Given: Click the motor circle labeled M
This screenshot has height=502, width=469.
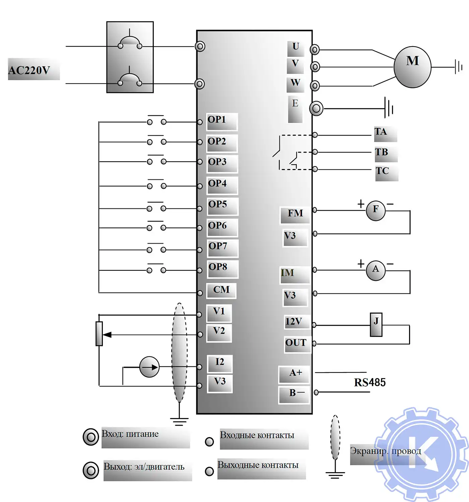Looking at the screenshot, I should pyautogui.click(x=412, y=67).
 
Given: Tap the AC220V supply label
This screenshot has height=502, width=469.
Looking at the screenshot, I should pyautogui.click(x=29, y=70).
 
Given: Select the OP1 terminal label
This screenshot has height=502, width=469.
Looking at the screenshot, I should pyautogui.click(x=217, y=120).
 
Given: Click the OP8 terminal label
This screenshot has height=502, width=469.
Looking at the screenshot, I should pyautogui.click(x=218, y=267).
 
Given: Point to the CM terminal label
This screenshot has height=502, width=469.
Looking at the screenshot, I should pyautogui.click(x=221, y=290).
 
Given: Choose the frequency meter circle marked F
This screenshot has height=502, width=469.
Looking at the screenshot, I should pyautogui.click(x=376, y=210).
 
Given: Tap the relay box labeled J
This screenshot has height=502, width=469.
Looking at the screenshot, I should pyautogui.click(x=376, y=324).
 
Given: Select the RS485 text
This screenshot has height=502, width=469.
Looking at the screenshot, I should pyautogui.click(x=370, y=382).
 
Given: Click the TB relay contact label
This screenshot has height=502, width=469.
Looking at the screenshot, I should pyautogui.click(x=382, y=152).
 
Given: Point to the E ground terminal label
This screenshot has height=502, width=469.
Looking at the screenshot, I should pyautogui.click(x=295, y=104).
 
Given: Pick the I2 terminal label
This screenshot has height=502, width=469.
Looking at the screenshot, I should pyautogui.click(x=220, y=362).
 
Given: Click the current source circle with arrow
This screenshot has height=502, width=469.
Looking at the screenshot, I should pyautogui.click(x=149, y=367).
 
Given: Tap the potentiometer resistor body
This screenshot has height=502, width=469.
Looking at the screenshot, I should pyautogui.click(x=99, y=333).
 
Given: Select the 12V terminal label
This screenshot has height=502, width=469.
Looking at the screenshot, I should pyautogui.click(x=294, y=322).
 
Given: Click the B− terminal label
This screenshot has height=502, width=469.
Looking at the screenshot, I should pyautogui.click(x=296, y=393).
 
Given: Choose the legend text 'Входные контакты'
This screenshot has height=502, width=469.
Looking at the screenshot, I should pyautogui.click(x=257, y=435).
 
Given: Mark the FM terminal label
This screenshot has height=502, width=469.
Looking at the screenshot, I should pyautogui.click(x=295, y=214).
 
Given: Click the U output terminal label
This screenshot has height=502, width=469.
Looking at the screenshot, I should pyautogui.click(x=295, y=47).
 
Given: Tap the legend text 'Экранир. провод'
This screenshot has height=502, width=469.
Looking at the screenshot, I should pyautogui.click(x=386, y=451).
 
